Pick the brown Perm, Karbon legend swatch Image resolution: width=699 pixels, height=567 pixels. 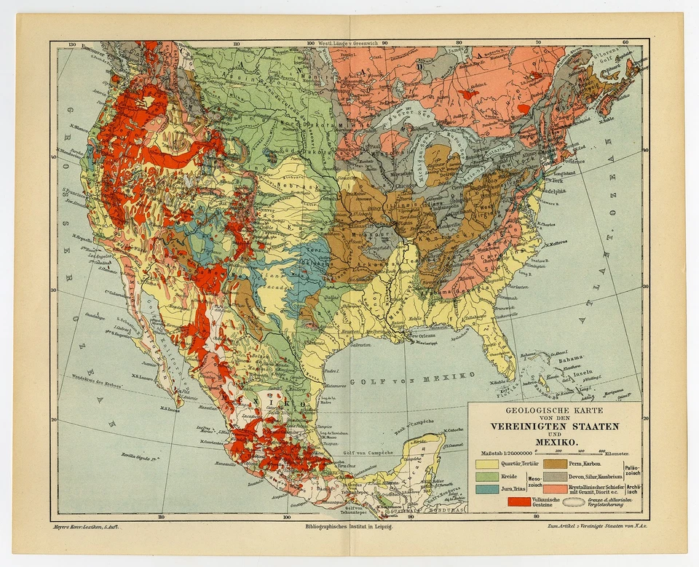point(557,462)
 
